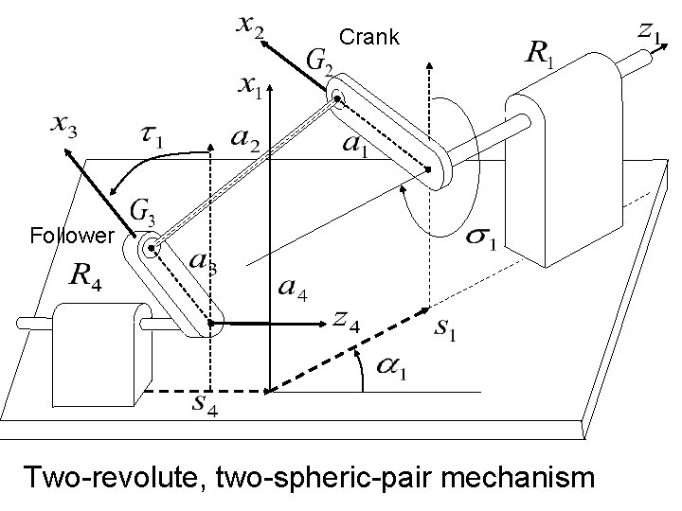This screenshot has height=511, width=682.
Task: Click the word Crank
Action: (370, 37)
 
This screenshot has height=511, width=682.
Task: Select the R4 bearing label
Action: (86, 278)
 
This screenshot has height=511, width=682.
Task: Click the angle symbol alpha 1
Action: (391, 369)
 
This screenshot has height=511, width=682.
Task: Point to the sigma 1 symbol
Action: (480, 242)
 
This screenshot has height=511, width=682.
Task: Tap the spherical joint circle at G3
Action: (150, 249)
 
